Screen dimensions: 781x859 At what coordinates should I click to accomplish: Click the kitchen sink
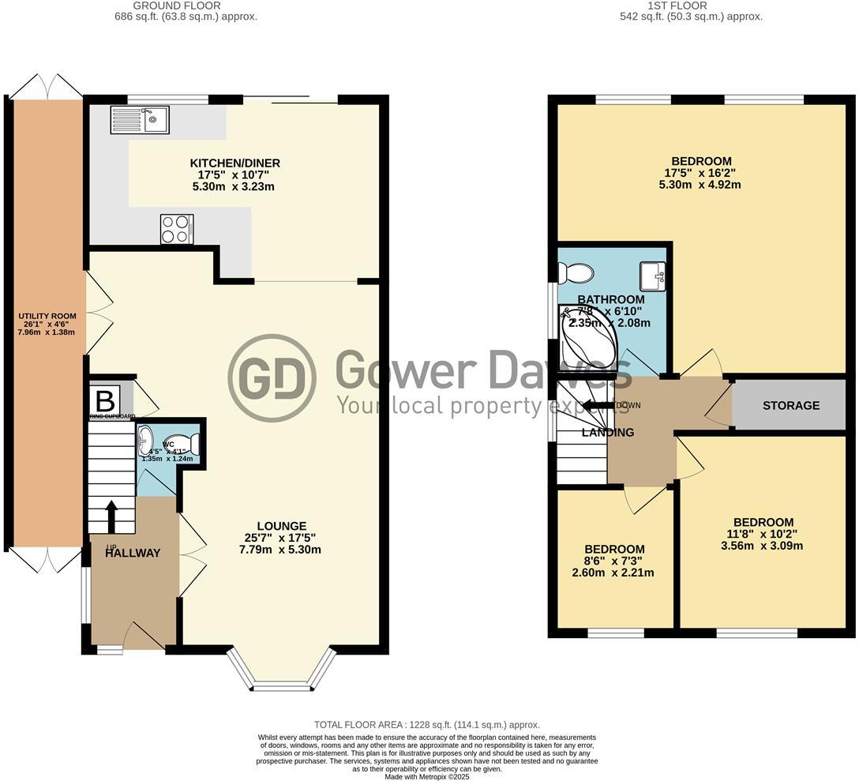[140, 120]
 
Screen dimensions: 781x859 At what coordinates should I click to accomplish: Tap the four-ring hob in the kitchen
[176, 229]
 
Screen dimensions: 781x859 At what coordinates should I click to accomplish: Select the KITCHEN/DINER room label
[234, 163]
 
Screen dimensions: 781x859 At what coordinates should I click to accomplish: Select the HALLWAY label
[133, 553]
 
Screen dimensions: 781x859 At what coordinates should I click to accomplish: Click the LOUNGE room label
[281, 526]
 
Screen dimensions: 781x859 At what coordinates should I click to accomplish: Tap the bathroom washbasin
[652, 276]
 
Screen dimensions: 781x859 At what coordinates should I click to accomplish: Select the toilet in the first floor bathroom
[574, 273]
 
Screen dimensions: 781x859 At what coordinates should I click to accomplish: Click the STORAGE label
[791, 406]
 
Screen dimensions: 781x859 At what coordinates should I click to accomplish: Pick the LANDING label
[608, 432]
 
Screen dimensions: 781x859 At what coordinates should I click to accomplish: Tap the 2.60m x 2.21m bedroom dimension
[614, 573]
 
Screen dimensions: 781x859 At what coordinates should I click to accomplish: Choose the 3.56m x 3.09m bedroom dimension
[763, 546]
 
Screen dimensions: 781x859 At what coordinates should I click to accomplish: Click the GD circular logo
[272, 377]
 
